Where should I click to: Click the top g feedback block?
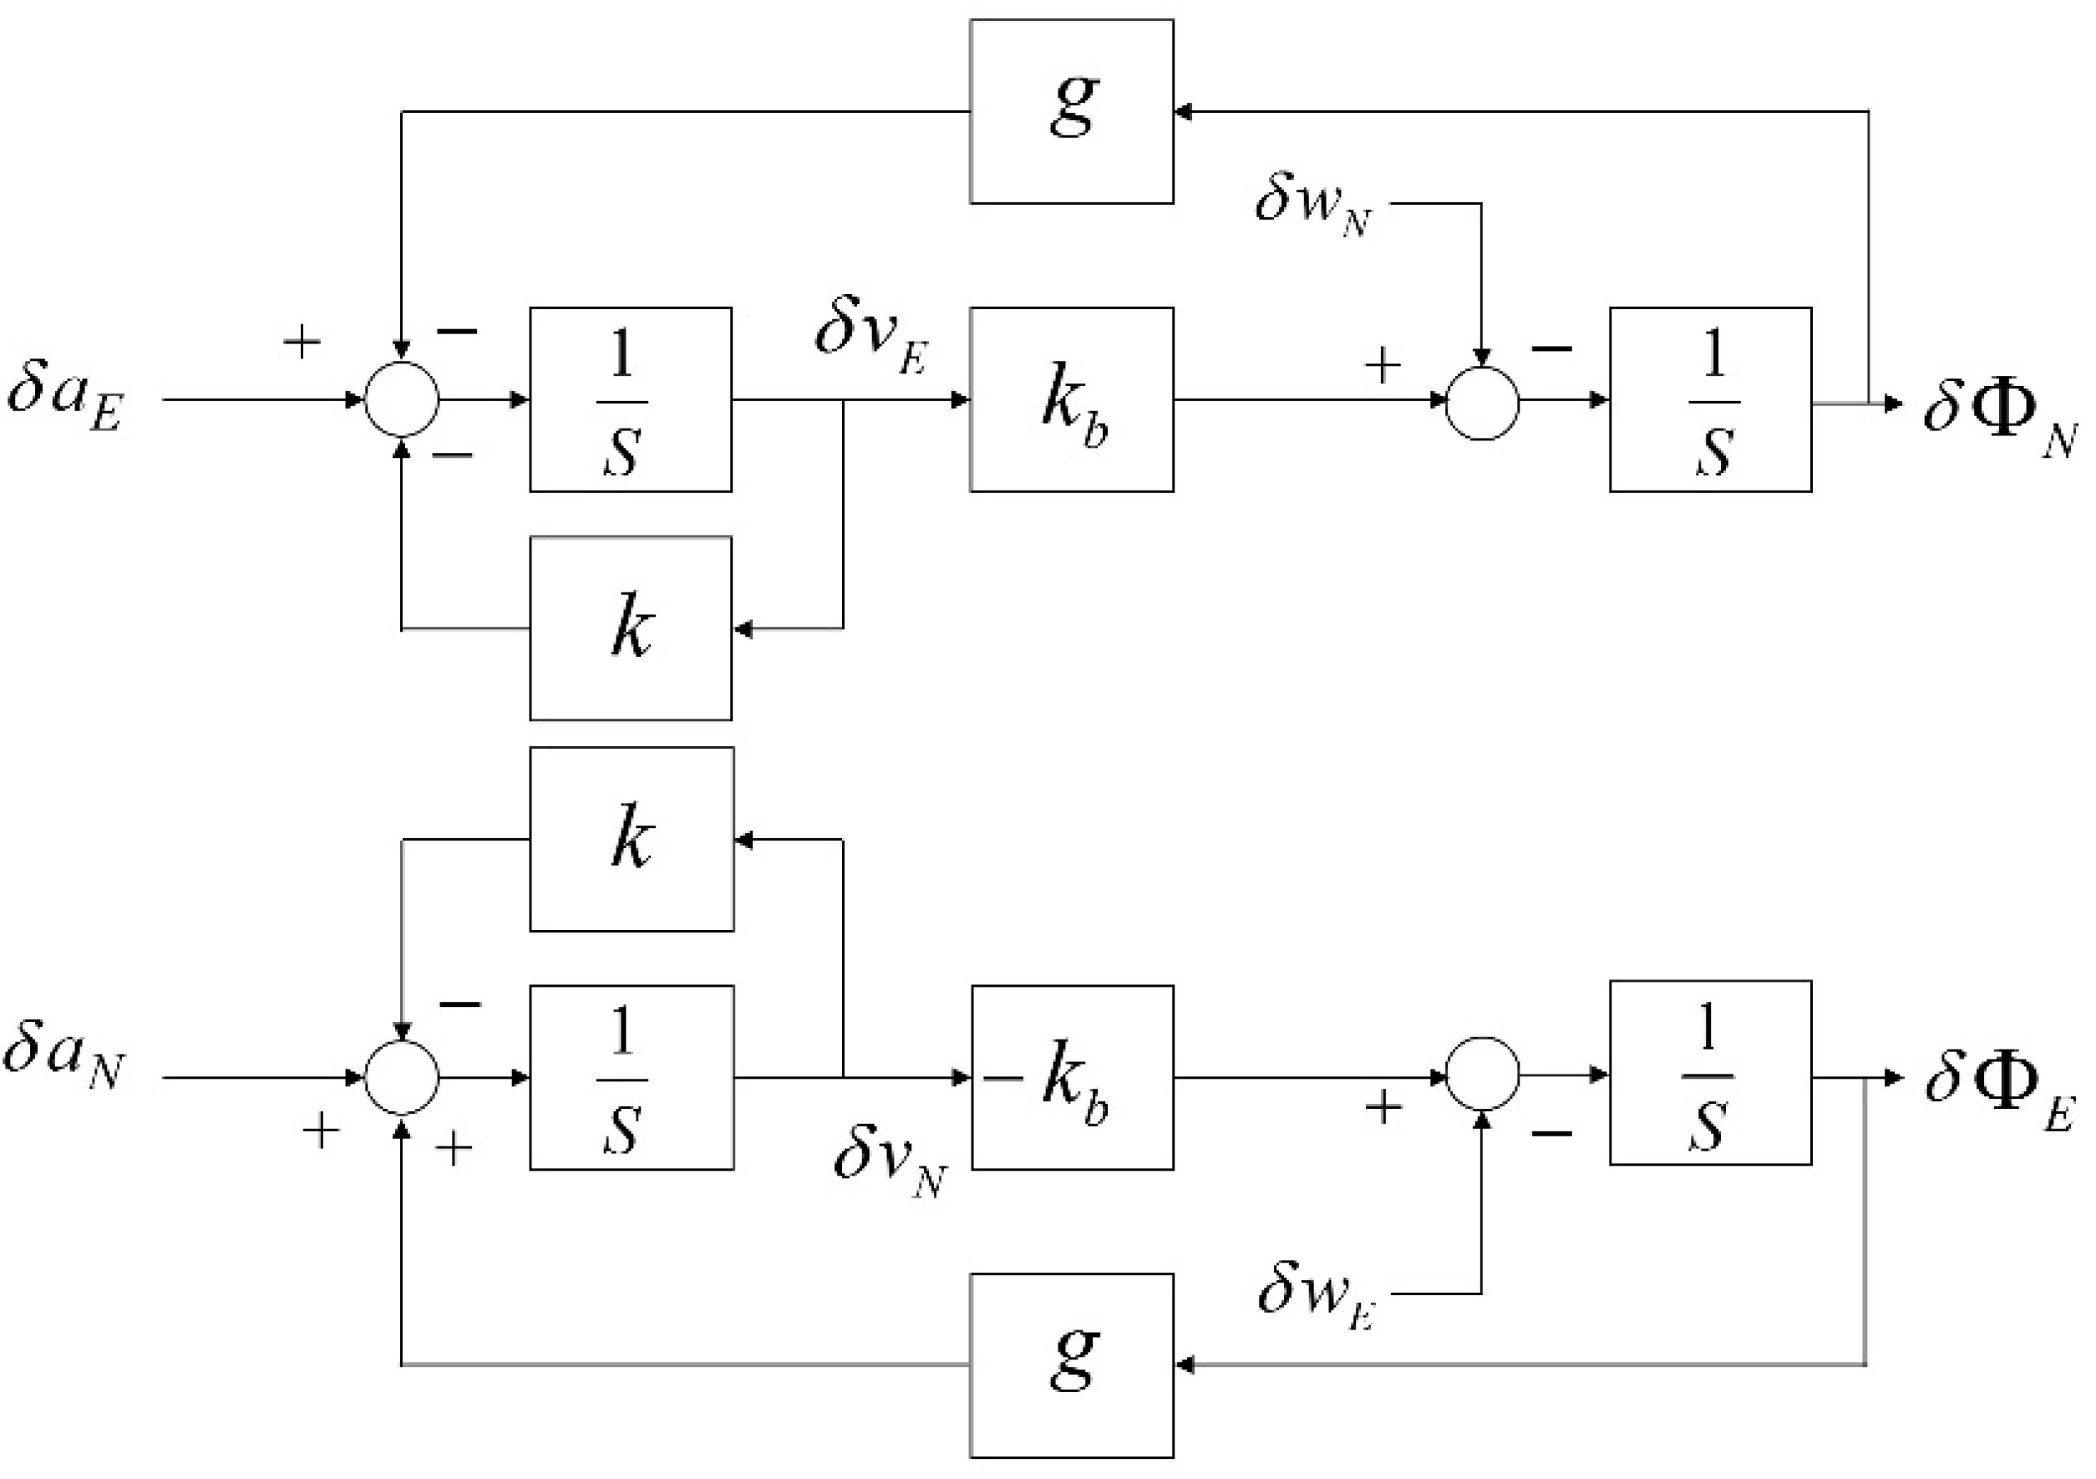point(1071,111)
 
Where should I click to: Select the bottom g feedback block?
point(1071,1365)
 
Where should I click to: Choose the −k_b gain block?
point(1071,1077)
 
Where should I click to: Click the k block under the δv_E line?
point(630,628)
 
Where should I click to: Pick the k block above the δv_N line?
point(631,839)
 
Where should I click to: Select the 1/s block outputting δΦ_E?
point(1710,1073)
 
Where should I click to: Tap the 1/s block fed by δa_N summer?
point(631,1077)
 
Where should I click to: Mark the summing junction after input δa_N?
point(402,1077)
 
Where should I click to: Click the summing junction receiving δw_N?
point(1482,403)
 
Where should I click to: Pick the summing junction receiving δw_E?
point(1482,1075)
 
